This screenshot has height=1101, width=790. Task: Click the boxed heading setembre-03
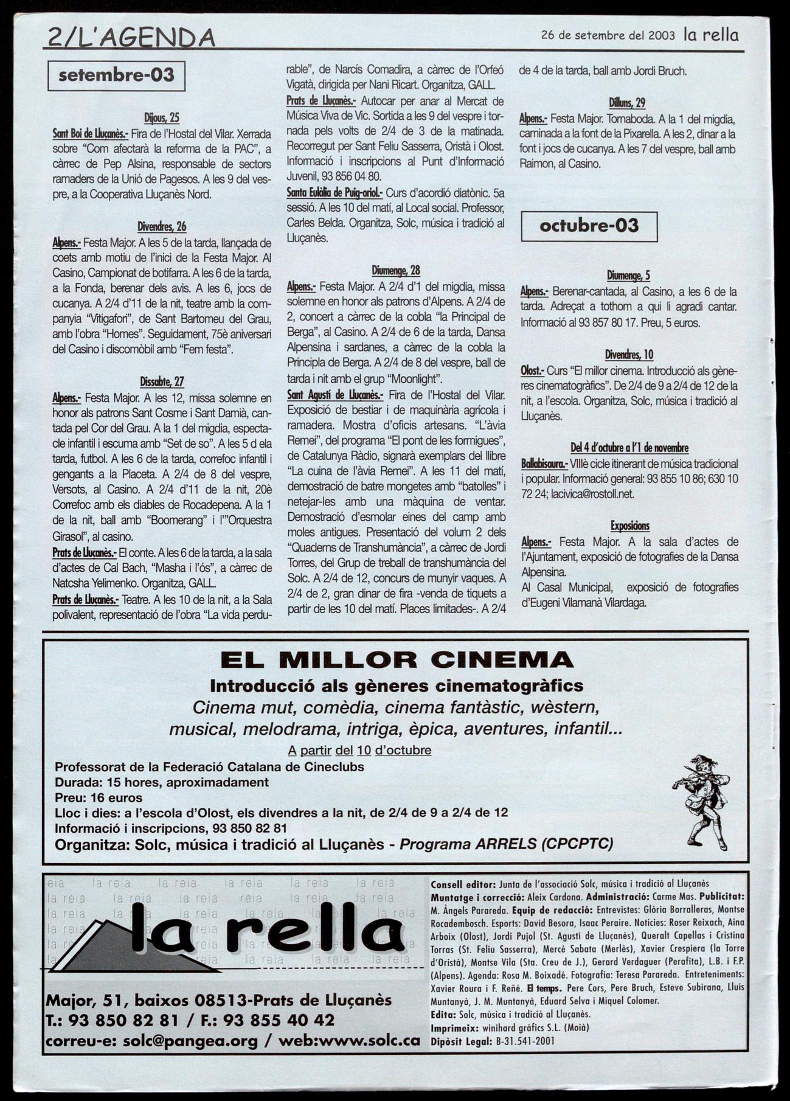(x=116, y=76)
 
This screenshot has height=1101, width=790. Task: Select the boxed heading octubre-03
(x=589, y=226)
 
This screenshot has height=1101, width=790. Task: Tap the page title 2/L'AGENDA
(x=131, y=38)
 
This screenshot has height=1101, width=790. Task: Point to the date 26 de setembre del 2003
(x=608, y=35)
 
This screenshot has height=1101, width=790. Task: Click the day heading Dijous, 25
(x=162, y=118)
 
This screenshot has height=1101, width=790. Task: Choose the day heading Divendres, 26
(x=162, y=227)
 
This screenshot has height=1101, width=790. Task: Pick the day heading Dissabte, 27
(x=162, y=382)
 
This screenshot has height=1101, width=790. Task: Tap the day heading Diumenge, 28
(x=396, y=271)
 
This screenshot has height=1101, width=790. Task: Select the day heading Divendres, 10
(x=629, y=355)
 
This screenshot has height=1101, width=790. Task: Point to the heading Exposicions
(x=629, y=526)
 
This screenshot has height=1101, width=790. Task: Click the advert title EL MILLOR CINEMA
(x=397, y=659)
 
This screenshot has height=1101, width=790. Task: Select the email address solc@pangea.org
(x=190, y=1041)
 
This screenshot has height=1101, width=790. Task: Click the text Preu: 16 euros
(x=99, y=797)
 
